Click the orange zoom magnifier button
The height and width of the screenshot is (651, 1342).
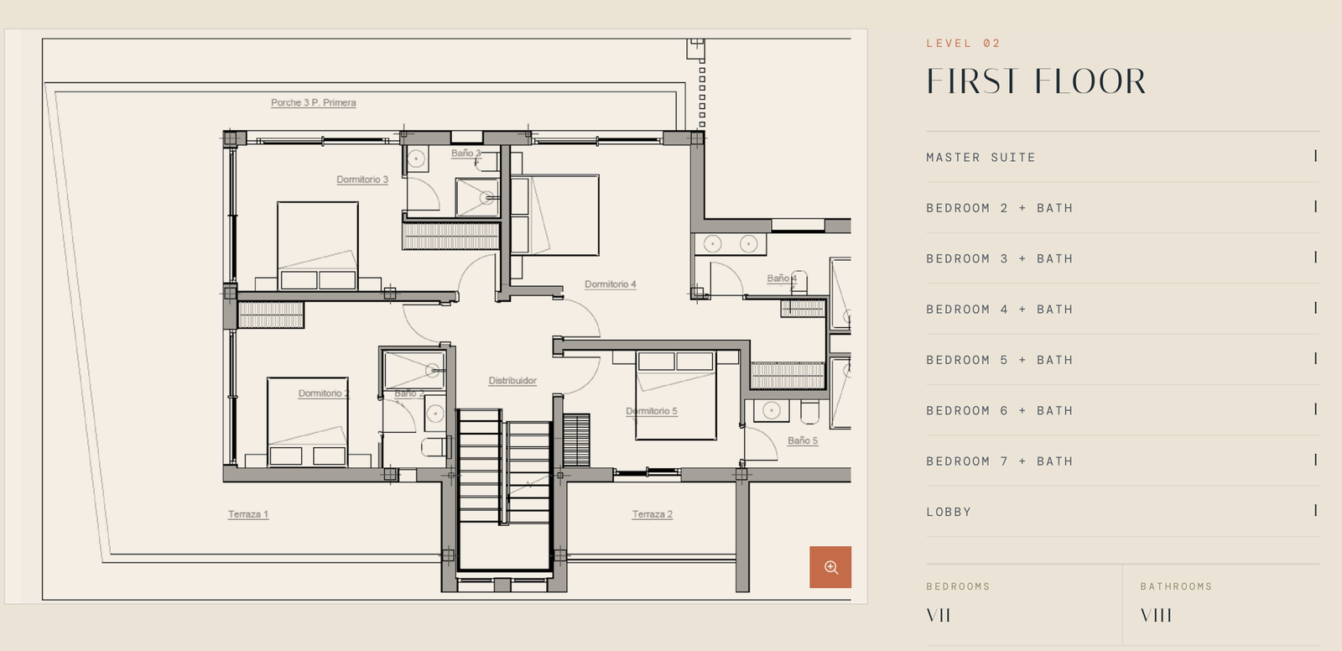[830, 566]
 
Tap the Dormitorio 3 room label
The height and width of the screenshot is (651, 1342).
[362, 180]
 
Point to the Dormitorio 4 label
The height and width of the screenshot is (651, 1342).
[610, 284]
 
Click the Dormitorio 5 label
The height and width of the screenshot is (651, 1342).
[651, 411]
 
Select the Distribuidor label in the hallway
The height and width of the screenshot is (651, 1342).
[512, 381]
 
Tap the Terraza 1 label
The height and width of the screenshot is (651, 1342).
[248, 514]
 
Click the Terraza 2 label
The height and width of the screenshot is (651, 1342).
[653, 514]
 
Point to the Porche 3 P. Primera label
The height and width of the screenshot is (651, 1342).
[314, 102]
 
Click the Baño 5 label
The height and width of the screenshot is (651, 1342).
[802, 440]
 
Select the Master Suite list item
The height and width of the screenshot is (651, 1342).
[980, 157]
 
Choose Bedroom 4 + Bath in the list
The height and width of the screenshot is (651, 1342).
[999, 310]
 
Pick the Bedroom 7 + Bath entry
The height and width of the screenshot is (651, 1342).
[999, 461]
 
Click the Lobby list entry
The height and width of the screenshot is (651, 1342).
[949, 512]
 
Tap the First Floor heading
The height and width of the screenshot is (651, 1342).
[1036, 81]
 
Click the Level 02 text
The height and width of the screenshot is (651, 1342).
[964, 43]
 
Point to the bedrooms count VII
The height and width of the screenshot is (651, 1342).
[939, 616]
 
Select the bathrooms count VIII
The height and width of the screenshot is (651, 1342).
[1156, 616]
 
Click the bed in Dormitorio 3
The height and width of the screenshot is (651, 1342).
[318, 246]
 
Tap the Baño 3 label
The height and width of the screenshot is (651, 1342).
[466, 154]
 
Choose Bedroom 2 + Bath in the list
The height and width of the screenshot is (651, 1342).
[999, 208]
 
